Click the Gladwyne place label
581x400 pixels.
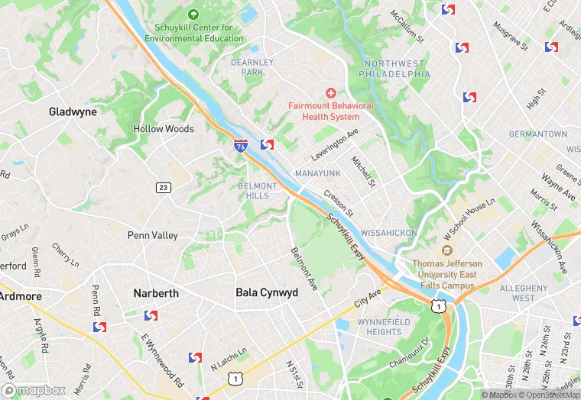(73, 111)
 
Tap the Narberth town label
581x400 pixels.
(155, 293)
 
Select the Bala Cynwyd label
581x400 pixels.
(263, 292)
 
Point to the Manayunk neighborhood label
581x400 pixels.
(317, 173)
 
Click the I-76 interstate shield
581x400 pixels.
(241, 145)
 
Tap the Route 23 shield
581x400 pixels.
(163, 188)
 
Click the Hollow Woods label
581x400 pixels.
(164, 129)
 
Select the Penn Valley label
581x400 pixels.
(152, 235)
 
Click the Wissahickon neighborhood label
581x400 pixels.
(388, 232)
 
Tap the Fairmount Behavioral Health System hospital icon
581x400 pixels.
(330, 92)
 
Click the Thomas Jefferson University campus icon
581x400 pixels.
(448, 250)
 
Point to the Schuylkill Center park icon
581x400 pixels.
(193, 15)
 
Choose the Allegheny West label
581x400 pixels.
(523, 292)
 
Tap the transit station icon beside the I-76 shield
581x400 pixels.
(268, 144)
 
